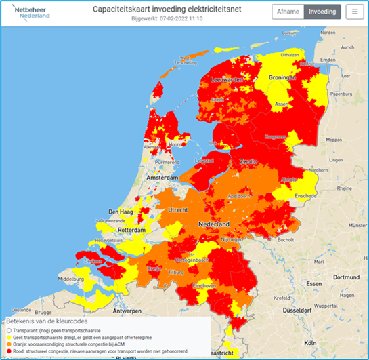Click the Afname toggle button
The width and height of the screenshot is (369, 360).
tap(287, 12)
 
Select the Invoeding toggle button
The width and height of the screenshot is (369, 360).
tap(322, 12)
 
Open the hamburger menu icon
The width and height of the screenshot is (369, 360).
tap(353, 12)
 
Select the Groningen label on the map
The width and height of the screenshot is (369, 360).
tap(283, 78)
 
